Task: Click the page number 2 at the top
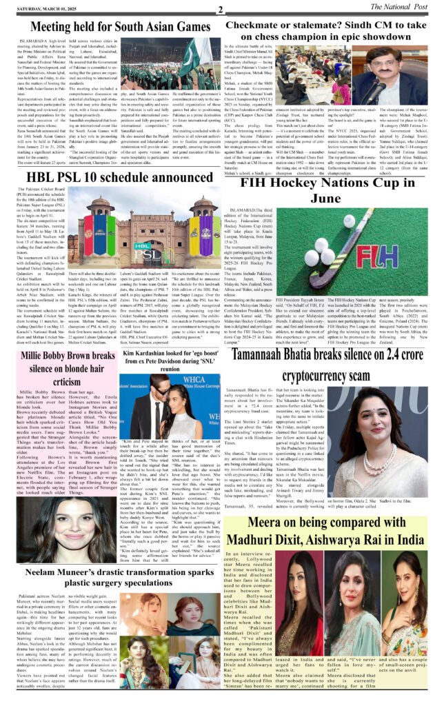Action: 220,10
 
